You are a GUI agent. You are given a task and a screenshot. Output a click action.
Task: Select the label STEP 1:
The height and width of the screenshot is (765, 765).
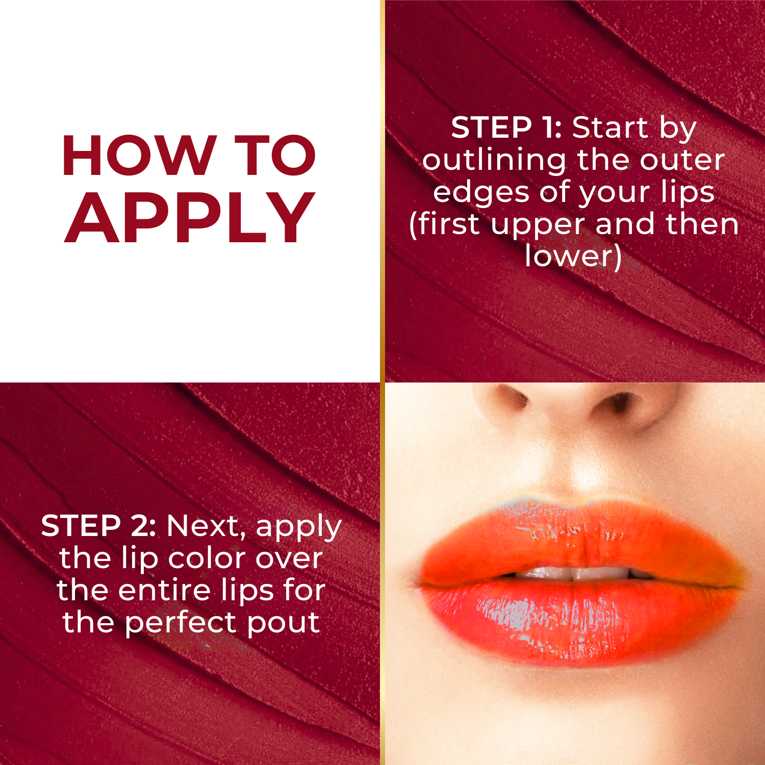[506, 127]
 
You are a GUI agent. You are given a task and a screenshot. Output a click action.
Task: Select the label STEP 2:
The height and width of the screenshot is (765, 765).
[98, 526]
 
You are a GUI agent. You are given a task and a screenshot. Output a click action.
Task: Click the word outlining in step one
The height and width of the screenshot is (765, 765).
[494, 161]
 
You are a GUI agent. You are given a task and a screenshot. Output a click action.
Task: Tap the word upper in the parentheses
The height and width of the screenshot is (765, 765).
[539, 226]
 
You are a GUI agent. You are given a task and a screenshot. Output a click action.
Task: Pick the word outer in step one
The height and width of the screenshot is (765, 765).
[682, 161]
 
